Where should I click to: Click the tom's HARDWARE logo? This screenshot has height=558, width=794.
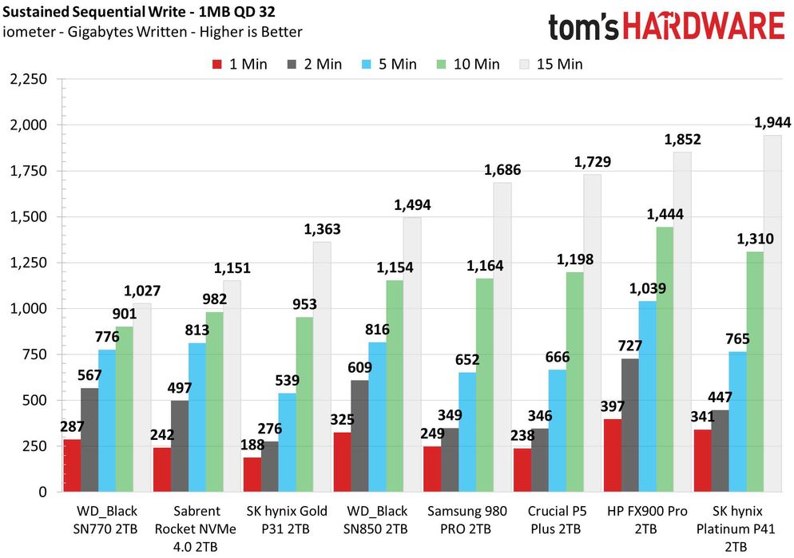pyautogui.click(x=666, y=26)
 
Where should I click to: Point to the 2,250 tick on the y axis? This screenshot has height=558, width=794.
pyautogui.click(x=27, y=79)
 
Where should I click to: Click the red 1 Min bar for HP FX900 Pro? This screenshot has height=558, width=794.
pyautogui.click(x=612, y=455)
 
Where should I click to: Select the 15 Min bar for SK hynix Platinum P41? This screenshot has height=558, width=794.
pyautogui.click(x=773, y=313)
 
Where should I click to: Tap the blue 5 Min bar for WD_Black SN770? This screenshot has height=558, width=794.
pyautogui.click(x=107, y=421)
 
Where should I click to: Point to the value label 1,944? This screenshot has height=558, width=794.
pyautogui.click(x=773, y=123)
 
